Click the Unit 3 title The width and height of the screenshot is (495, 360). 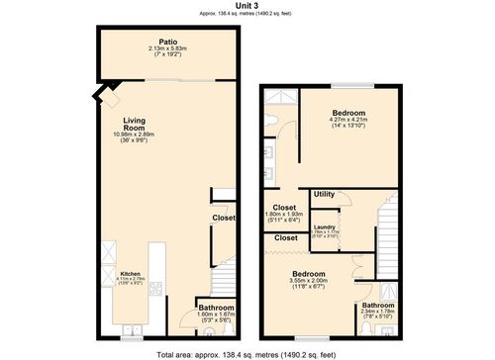[247, 6]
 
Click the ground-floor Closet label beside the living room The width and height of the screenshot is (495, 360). [223, 218]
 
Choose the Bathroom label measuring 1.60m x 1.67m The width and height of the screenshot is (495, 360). [214, 308]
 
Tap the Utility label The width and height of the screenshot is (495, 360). [325, 195]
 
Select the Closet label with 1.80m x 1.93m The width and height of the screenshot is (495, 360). [284, 208]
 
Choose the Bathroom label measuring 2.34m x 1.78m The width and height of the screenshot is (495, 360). [378, 306]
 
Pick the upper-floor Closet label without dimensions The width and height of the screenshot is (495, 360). [286, 238]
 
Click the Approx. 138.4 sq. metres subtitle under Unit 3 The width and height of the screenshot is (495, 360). [247, 14]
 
